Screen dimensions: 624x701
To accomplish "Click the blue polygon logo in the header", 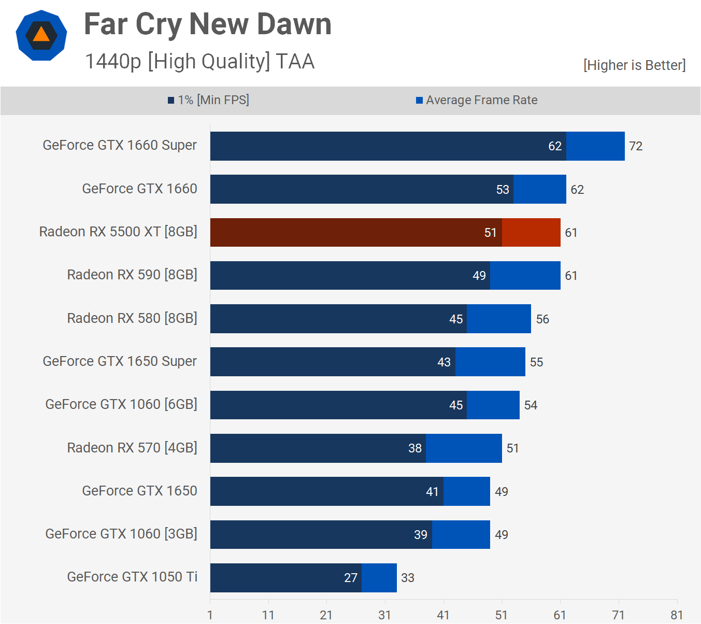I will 41,35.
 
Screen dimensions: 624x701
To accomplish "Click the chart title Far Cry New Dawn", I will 207,24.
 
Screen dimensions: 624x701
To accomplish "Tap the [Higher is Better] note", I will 634,65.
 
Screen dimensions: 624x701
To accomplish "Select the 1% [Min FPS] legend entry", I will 208,100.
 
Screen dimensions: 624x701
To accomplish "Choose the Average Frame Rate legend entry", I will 477,100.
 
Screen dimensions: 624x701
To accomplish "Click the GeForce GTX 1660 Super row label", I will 120,145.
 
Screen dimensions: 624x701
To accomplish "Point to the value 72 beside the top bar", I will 636,146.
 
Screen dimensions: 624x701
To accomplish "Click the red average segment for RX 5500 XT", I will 531,233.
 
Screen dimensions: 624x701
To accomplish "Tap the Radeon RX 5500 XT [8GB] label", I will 118,232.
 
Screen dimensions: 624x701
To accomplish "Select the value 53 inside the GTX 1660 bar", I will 503,190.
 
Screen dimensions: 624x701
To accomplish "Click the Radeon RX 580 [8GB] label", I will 132,318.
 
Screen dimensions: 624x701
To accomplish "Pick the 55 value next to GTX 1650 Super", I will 536,362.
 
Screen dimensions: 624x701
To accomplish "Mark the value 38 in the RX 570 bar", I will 415,448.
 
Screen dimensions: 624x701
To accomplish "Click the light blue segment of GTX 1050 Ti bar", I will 379,578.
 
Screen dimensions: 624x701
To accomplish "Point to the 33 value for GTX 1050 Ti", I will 408,578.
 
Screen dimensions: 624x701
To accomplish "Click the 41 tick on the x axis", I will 443,615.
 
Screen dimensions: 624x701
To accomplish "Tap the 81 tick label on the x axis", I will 677,615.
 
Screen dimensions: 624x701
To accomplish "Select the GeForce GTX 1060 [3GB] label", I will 121,534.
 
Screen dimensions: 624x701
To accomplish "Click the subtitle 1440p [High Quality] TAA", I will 199,61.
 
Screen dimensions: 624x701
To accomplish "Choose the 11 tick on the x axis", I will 268,615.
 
